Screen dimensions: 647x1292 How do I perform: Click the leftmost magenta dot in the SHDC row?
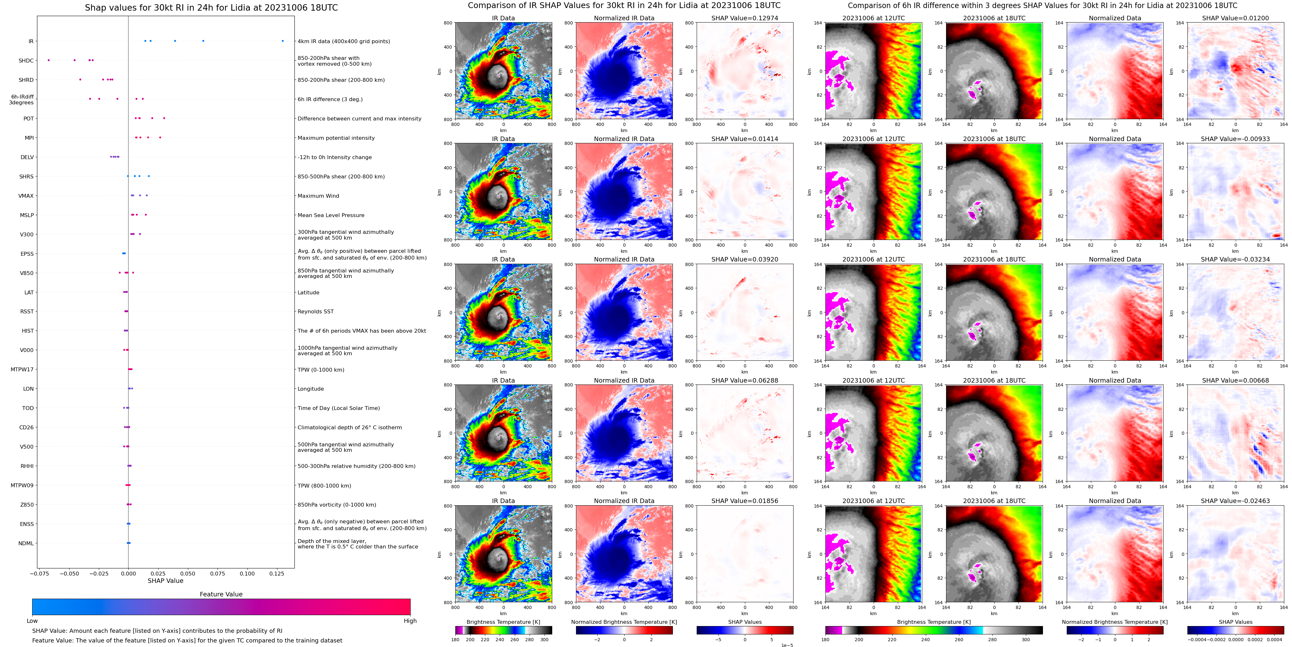49,60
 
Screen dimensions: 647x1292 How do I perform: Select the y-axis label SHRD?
26,80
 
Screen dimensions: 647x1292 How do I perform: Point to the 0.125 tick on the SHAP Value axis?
277,574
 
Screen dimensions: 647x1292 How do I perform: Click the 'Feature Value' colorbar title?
221,594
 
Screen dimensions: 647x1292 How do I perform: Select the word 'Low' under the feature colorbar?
32,621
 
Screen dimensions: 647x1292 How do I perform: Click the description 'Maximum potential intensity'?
336,138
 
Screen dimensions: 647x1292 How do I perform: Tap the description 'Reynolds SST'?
315,312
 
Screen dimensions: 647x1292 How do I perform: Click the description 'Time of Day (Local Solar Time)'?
339,408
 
